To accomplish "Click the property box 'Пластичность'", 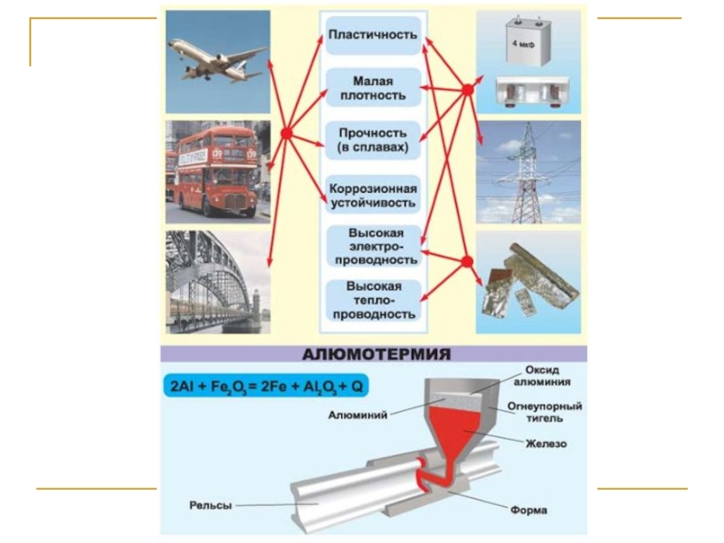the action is [372, 35].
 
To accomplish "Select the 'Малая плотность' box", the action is [372, 88].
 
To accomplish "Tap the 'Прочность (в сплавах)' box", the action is [372, 139].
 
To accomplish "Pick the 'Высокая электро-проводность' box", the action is [372, 247].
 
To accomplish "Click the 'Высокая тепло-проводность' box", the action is [372, 301].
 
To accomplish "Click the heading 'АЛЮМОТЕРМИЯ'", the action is [372, 354].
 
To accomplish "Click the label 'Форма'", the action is [529, 510].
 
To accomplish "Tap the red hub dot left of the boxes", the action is [286, 134].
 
